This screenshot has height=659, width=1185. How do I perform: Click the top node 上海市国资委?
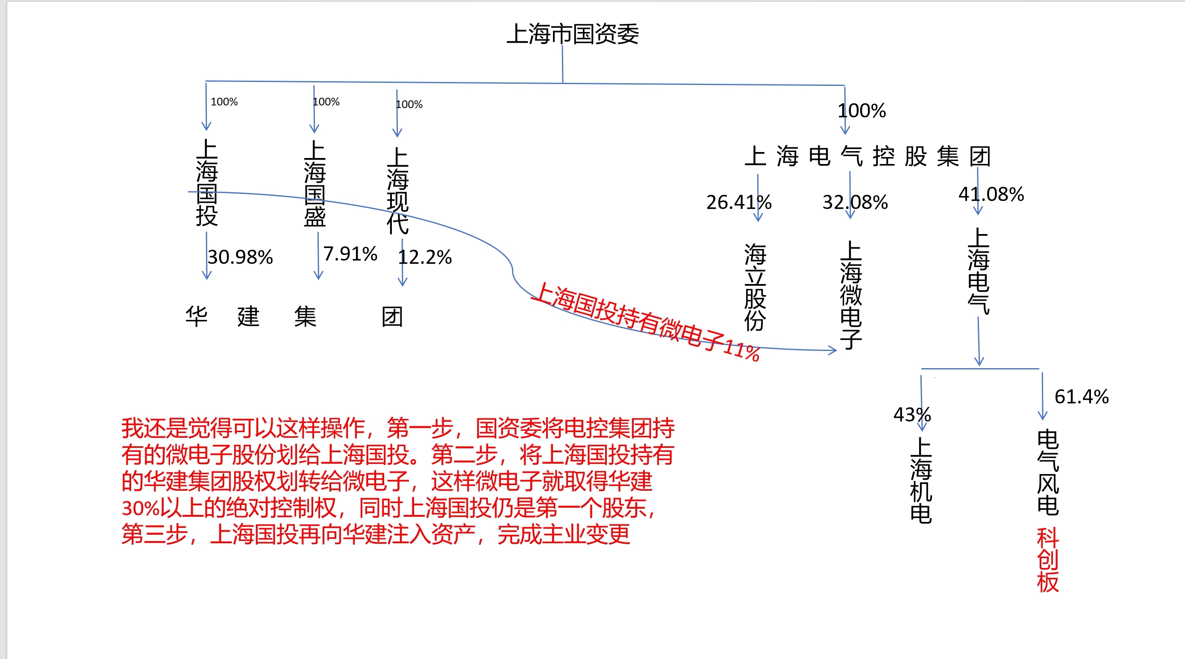click(573, 34)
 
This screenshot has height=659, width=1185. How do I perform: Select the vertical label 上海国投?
click(206, 182)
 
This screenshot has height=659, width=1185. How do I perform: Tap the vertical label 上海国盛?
click(315, 184)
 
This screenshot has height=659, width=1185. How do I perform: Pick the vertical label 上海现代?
click(397, 190)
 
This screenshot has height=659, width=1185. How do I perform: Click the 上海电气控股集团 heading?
click(867, 156)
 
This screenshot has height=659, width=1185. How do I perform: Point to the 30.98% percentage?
click(240, 257)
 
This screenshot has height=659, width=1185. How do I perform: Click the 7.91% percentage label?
click(350, 254)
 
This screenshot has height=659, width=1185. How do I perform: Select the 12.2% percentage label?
click(425, 257)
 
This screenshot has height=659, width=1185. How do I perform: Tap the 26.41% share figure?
click(739, 202)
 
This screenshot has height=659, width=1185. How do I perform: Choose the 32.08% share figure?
click(855, 202)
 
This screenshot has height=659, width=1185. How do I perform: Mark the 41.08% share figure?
click(991, 194)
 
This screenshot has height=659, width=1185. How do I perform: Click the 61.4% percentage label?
click(1082, 396)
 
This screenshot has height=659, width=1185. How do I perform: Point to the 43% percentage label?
click(912, 414)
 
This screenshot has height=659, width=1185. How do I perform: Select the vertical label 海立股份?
click(756, 287)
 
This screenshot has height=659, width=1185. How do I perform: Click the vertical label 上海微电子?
click(851, 295)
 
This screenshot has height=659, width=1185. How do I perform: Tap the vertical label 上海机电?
click(921, 480)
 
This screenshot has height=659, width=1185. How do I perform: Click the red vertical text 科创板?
click(1048, 560)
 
